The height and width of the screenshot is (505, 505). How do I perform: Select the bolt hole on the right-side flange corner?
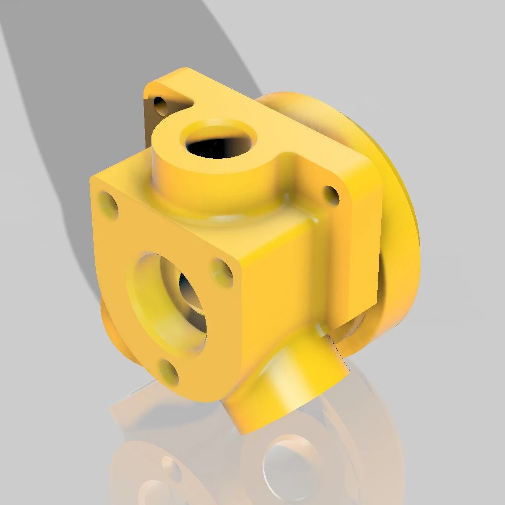(x=331, y=195)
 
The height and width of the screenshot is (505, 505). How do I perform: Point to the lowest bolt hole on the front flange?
(x=169, y=372)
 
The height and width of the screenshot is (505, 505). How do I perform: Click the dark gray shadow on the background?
(x=99, y=99)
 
